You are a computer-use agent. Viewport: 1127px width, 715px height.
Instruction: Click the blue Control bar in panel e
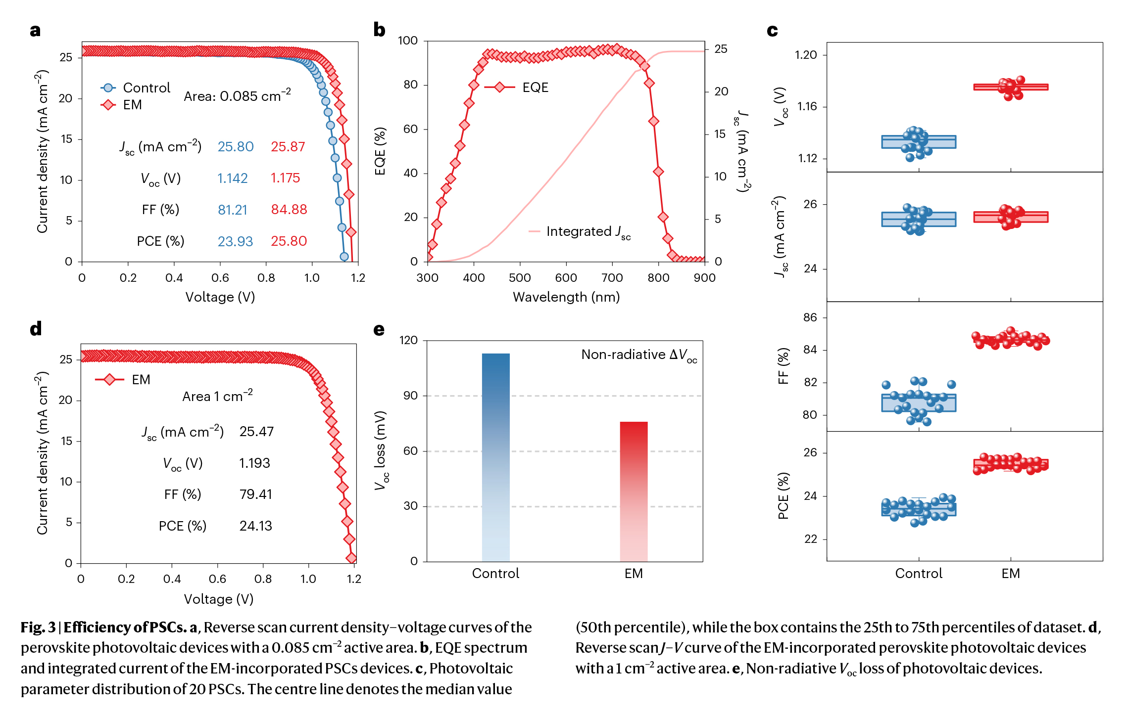[x=495, y=457]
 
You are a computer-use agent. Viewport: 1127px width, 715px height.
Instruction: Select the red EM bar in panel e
[x=634, y=492]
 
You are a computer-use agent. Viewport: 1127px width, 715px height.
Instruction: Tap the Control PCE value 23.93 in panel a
[x=235, y=241]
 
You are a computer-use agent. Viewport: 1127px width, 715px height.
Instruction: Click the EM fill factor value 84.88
[x=289, y=210]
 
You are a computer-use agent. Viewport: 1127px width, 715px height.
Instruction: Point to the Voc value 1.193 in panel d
[x=254, y=463]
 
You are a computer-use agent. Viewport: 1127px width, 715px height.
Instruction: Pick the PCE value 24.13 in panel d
[x=255, y=526]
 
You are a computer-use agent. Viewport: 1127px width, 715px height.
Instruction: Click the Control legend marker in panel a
[x=108, y=88]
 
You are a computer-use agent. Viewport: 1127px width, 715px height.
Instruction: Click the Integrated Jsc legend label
[x=588, y=231]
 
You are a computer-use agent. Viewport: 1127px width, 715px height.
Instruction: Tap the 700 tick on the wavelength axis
[x=612, y=278]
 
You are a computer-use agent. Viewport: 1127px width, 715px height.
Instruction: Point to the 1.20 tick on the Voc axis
[x=806, y=55]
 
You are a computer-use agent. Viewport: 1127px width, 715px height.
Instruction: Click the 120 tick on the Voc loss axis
[x=408, y=340]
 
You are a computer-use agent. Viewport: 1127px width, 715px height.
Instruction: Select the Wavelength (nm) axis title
[x=566, y=297]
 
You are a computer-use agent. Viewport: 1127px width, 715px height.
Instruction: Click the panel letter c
[x=772, y=31]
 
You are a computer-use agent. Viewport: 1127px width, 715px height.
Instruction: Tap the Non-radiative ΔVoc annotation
[x=638, y=355]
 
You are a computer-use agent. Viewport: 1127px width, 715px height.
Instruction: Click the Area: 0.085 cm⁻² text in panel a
[x=237, y=96]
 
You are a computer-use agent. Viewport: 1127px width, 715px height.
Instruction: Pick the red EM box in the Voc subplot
[x=1011, y=87]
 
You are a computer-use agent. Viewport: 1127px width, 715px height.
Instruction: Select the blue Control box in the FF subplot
[x=919, y=403]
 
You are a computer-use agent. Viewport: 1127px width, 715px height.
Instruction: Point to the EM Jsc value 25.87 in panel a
[x=288, y=147]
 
